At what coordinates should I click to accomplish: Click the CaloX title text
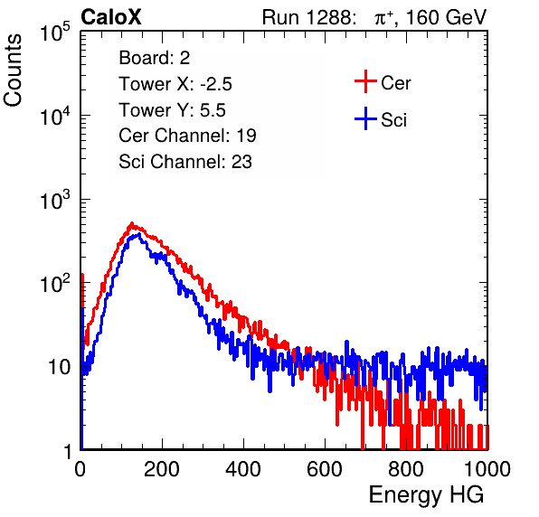coord(111,17)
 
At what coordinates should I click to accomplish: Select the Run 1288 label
coord(308,17)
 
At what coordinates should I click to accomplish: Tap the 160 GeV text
coord(447,17)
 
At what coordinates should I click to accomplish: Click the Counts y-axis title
coord(13,70)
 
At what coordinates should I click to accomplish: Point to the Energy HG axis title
coord(426,494)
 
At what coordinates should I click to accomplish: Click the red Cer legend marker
coord(365,81)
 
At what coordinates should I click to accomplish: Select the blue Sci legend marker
coord(365,119)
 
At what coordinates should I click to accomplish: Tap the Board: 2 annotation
coord(155,58)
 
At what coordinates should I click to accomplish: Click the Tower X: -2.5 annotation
coord(175,84)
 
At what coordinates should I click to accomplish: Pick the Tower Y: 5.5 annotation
coord(172,110)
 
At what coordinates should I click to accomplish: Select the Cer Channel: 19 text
coord(187,136)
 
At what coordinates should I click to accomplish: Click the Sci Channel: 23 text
coord(185,162)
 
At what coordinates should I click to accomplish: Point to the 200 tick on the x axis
coord(162,469)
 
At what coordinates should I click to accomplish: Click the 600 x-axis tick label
coord(325,469)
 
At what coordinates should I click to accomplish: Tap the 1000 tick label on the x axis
coord(487,469)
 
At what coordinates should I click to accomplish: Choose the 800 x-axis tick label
coord(406,469)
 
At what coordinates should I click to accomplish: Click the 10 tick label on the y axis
coord(59,367)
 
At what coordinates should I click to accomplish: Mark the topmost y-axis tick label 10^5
coord(55,32)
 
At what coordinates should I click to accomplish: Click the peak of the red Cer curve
coord(132,223)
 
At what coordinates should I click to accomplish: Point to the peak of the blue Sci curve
coord(138,234)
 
